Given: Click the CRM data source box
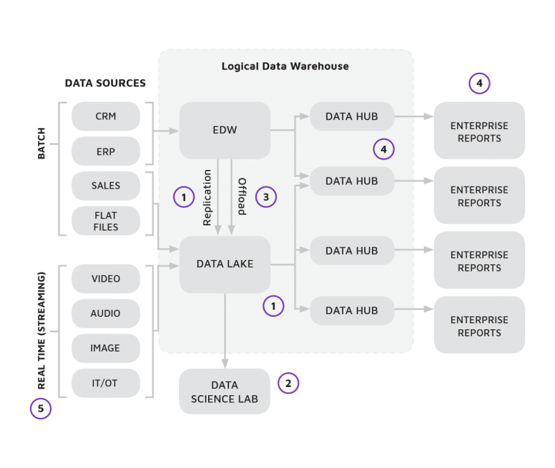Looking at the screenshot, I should click(105, 116).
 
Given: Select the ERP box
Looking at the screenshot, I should click(105, 151).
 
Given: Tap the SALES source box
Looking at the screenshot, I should click(105, 186).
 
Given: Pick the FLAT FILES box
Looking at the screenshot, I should click(105, 220).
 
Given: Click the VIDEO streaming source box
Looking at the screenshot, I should click(105, 279).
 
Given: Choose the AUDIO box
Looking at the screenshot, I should click(105, 313).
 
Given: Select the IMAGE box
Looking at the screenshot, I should click(105, 348).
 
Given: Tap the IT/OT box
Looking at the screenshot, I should click(105, 383).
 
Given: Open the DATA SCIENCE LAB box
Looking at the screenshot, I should click(224, 392).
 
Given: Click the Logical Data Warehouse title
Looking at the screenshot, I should click(285, 67).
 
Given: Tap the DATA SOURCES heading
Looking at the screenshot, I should click(105, 83).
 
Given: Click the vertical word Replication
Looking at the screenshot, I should click(207, 197).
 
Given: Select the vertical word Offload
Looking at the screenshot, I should click(242, 197).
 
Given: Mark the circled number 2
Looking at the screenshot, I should click(288, 383).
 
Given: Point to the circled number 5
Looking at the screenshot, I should click(41, 409).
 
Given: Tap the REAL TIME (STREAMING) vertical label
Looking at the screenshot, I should click(41, 330).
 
